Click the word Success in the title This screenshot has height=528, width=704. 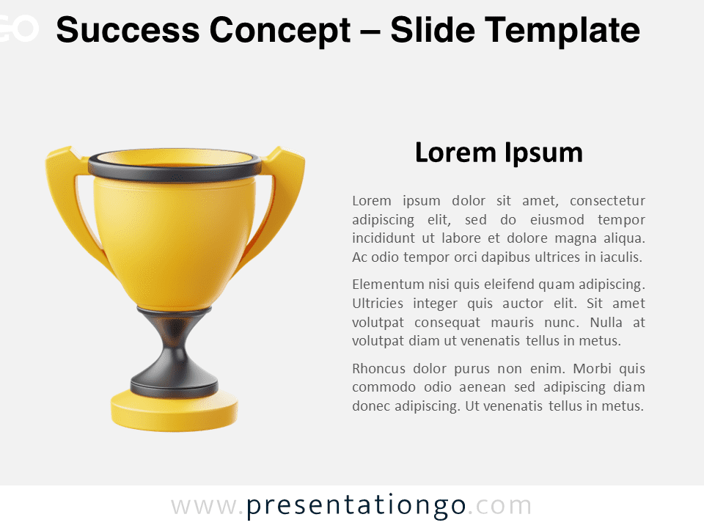[128, 30]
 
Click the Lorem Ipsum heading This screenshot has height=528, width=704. [499, 153]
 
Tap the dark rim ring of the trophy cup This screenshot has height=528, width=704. [175, 167]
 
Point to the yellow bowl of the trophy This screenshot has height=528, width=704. [175, 243]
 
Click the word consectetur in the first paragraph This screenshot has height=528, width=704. [607, 200]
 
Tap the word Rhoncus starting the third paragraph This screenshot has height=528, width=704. [379, 369]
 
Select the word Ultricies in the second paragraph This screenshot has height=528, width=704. [378, 304]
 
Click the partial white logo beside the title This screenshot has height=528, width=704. [19, 29]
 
